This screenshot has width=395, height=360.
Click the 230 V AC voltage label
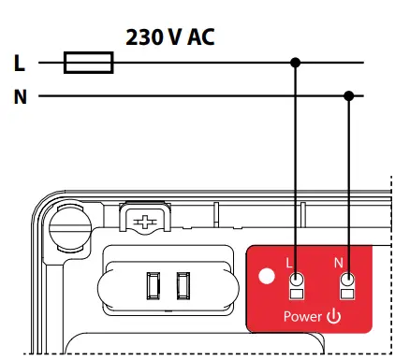pos(170,37)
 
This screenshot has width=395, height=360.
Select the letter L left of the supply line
pos(19,64)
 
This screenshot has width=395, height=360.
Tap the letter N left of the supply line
pos(19,95)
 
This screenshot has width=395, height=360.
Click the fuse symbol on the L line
pos(88,64)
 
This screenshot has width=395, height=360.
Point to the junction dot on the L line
pos(297,64)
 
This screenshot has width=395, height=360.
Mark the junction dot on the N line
pos(349,95)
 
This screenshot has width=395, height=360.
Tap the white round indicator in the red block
pos(266,278)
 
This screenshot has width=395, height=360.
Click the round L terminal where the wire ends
pos(297,279)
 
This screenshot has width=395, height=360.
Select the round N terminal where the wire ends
pos(349,279)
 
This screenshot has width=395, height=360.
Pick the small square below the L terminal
pos(297,296)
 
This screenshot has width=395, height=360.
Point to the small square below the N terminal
pos(349,296)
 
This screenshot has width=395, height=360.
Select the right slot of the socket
pos(183,281)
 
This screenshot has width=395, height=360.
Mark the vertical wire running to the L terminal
pos(297,168)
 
